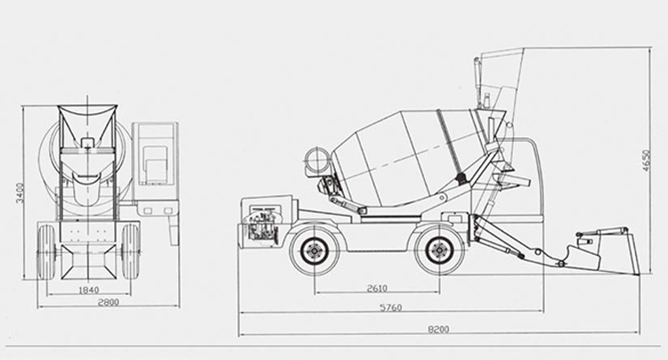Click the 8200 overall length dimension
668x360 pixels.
point(438,330)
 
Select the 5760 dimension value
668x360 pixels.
point(391,307)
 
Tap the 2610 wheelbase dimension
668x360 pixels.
point(377,289)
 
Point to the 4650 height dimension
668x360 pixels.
point(647,160)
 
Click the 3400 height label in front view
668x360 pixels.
point(20,193)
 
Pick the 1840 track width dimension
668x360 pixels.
point(88,290)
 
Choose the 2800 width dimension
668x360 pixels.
point(109,302)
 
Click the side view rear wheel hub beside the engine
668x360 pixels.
point(314,251)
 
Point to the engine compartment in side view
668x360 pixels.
point(261,222)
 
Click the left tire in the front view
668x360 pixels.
point(46,251)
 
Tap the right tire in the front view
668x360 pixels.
point(130,251)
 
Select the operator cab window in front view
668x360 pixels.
point(155,165)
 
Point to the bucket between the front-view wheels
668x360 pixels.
point(88,261)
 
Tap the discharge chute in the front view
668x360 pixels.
point(88,188)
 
